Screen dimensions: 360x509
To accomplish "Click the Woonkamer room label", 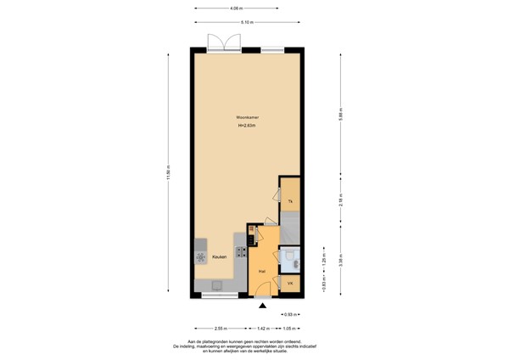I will click(248, 117).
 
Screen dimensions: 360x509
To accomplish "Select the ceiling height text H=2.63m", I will click(248, 127).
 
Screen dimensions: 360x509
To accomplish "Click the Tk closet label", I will click(290, 200).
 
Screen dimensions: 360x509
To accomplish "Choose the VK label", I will click(290, 283).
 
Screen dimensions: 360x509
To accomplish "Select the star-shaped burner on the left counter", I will click(201, 256).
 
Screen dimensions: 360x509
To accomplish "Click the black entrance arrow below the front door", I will click(264, 305).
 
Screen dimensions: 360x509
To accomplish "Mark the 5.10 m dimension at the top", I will click(246, 22).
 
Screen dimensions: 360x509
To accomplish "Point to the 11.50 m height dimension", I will click(168, 172).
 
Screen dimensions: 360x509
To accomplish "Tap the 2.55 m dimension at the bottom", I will click(221, 328).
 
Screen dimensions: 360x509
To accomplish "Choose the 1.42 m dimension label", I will click(263, 328).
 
